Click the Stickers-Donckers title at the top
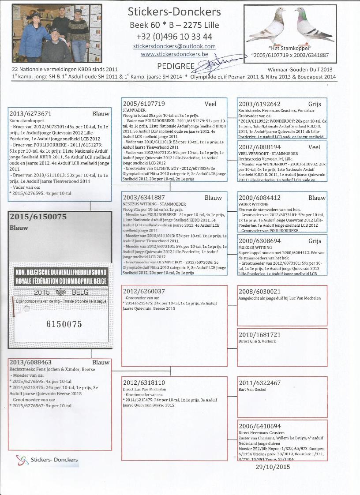coord(173,11)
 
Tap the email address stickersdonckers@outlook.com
coord(174,46)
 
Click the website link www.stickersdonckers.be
coord(174,54)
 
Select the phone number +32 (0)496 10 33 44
coord(174,36)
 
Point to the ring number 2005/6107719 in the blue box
coord(144,104)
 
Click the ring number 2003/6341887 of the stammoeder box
coord(144,198)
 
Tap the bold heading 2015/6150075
coord(37,217)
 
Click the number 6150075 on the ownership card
coord(64,324)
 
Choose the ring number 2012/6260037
coord(144,292)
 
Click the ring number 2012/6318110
coord(144,382)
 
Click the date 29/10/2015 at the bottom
coord(273,467)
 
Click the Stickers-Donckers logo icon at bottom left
coord(22,460)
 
